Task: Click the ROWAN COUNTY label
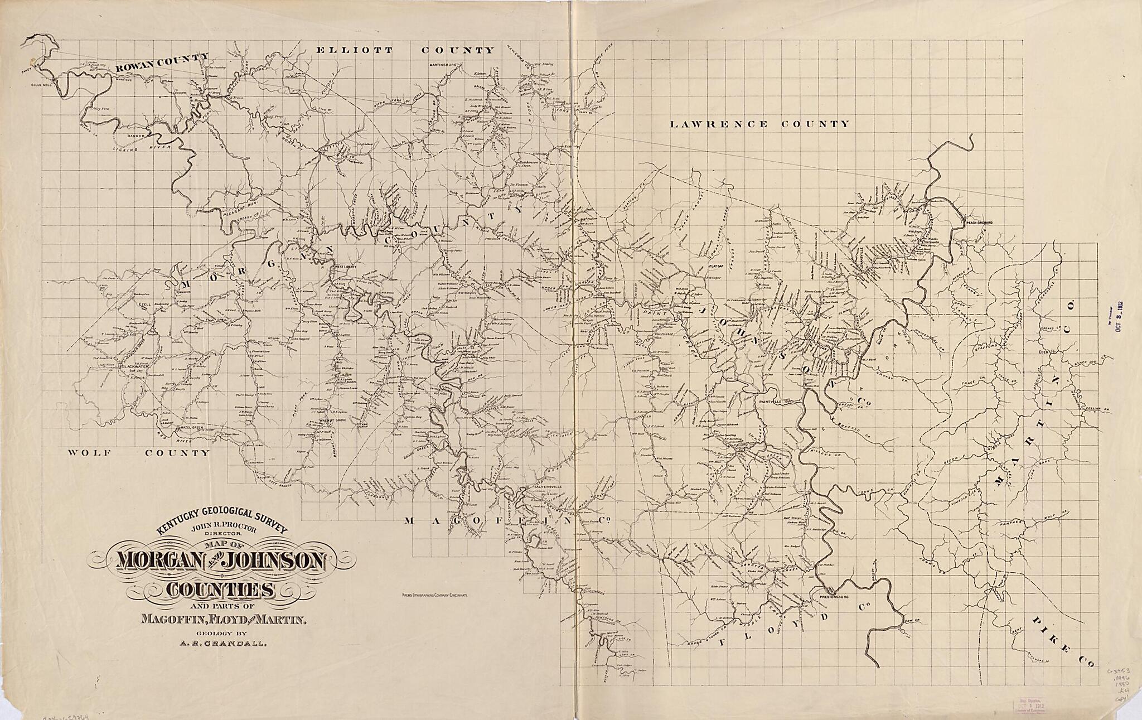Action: coord(162,63)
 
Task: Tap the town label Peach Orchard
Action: coord(979,223)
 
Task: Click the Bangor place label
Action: coord(136,136)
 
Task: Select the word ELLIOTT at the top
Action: coord(354,50)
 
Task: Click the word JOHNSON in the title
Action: coord(275,562)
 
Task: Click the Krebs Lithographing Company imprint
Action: coord(434,596)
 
